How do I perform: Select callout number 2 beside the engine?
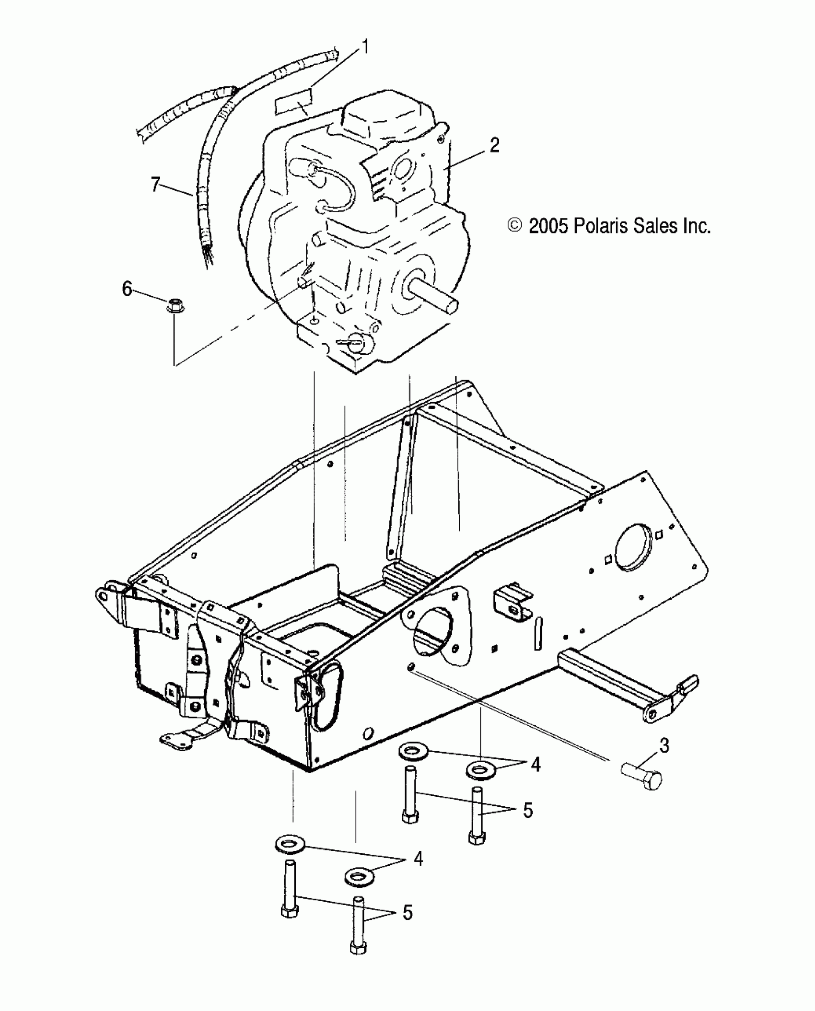pyautogui.click(x=494, y=145)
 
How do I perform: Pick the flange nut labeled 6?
pyautogui.click(x=176, y=305)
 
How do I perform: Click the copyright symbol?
pyautogui.click(x=515, y=225)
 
